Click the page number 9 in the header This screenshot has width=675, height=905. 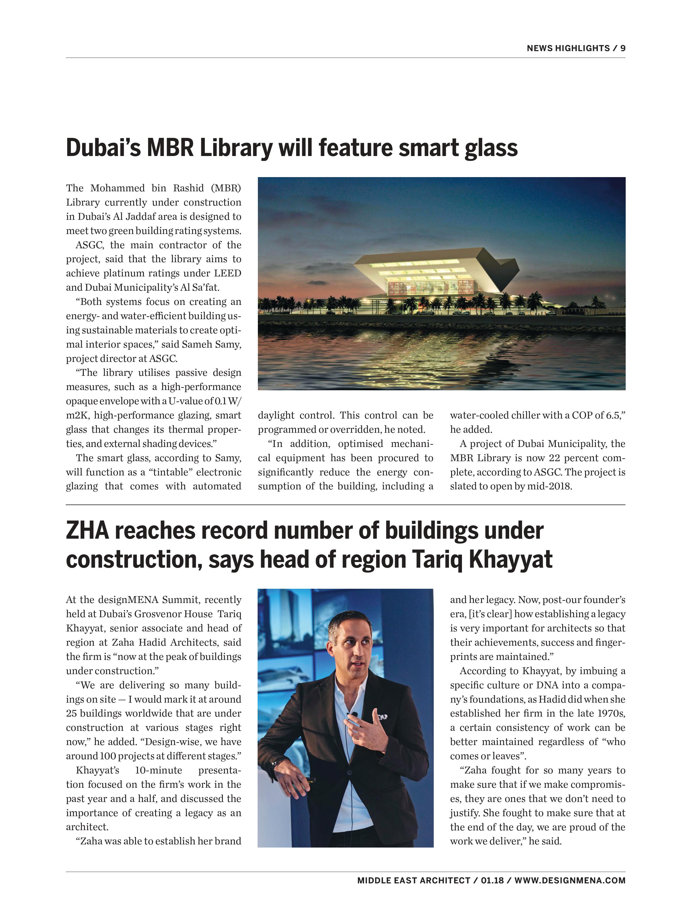click(x=623, y=48)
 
